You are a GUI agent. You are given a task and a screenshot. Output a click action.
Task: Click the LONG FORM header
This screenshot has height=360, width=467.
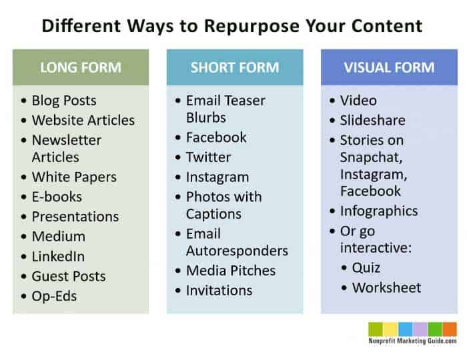coord(81,67)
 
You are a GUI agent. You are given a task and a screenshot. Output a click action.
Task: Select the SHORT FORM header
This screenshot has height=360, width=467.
coord(234,67)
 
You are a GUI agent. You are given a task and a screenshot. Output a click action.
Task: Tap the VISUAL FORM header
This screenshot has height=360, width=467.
coord(389,67)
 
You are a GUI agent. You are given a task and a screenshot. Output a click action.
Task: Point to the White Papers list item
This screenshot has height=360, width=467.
coord(74,177)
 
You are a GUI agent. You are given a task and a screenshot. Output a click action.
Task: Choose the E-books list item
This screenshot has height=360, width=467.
coord(57,197)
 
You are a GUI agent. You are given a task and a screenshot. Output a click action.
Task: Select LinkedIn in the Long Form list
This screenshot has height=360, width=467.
coord(58,256)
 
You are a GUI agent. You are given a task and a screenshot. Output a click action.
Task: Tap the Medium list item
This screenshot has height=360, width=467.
coord(58,237)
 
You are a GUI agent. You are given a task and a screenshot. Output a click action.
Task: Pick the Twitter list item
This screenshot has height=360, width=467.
coord(208,157)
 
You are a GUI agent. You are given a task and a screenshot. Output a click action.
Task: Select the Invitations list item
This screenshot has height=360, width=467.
coord(219,291)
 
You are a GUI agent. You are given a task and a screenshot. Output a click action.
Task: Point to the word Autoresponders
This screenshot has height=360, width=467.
coord(237,251)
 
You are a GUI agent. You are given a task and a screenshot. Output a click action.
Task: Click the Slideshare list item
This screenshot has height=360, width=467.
coord(372,121)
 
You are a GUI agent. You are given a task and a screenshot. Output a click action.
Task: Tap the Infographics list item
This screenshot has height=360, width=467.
coord(379,211)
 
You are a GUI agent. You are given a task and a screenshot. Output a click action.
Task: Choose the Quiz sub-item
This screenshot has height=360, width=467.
coord(366,268)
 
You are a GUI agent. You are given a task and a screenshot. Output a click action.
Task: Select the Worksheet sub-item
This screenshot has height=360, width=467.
coord(386,288)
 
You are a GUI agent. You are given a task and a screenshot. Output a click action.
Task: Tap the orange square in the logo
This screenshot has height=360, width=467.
coord(450,329)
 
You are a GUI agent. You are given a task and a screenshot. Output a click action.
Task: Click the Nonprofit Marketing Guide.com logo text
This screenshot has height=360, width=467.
coord(412,341)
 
